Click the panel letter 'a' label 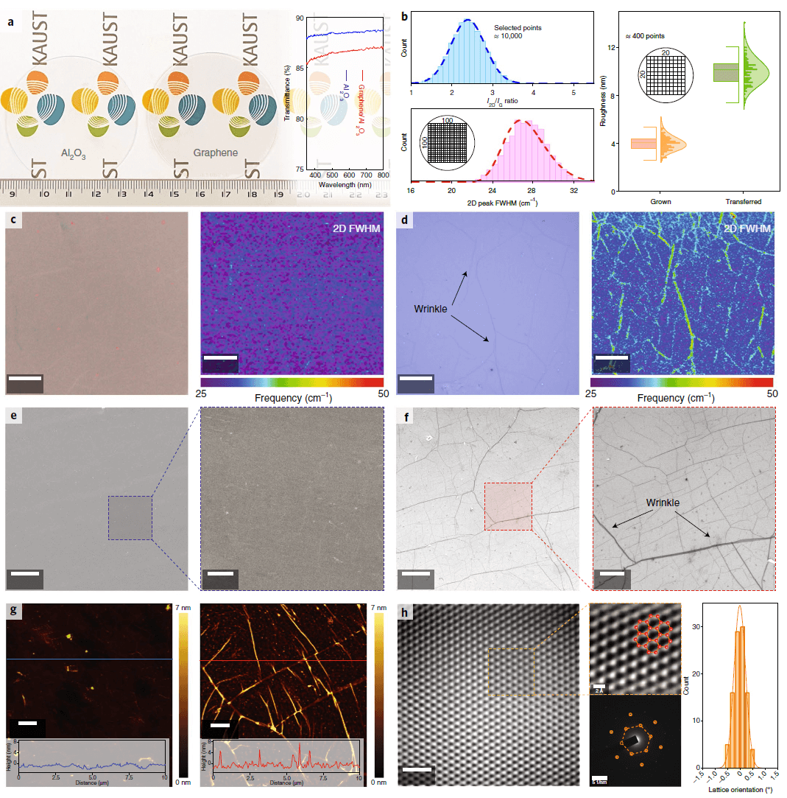10,21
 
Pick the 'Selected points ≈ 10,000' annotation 518,31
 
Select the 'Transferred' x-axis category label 743,200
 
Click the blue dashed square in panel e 130,518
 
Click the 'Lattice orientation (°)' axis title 738,790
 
